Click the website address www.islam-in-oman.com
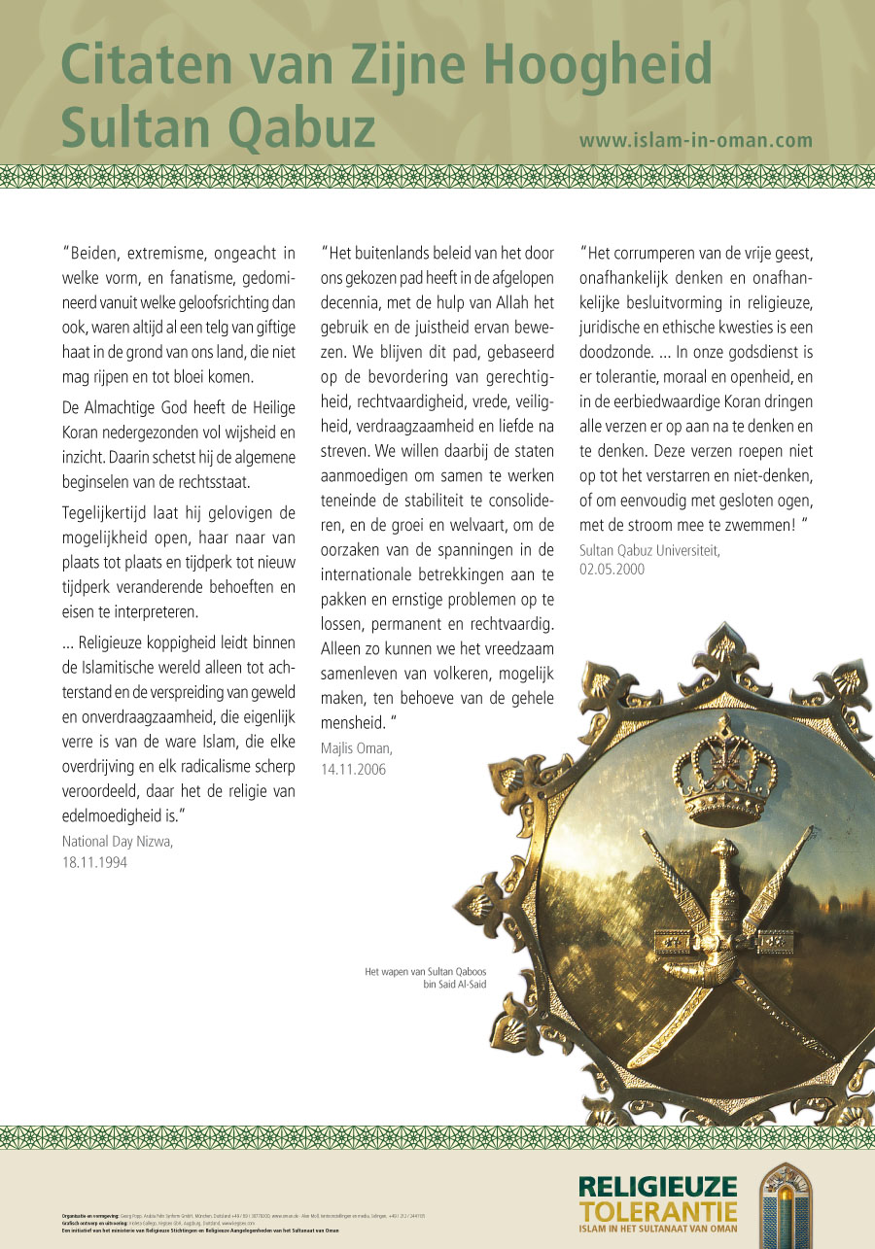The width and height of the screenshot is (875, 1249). (695, 140)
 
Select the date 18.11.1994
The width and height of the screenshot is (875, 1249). (94, 862)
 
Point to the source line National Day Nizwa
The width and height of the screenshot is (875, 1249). (118, 842)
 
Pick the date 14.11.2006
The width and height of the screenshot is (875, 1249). (353, 769)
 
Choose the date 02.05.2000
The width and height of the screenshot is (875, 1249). (612, 569)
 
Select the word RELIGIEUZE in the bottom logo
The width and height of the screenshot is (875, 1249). (657, 1187)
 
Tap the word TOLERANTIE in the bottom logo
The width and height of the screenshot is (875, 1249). (657, 1211)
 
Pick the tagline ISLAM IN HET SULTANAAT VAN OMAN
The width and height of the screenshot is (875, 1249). (657, 1230)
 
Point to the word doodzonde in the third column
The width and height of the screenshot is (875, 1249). (618, 350)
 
